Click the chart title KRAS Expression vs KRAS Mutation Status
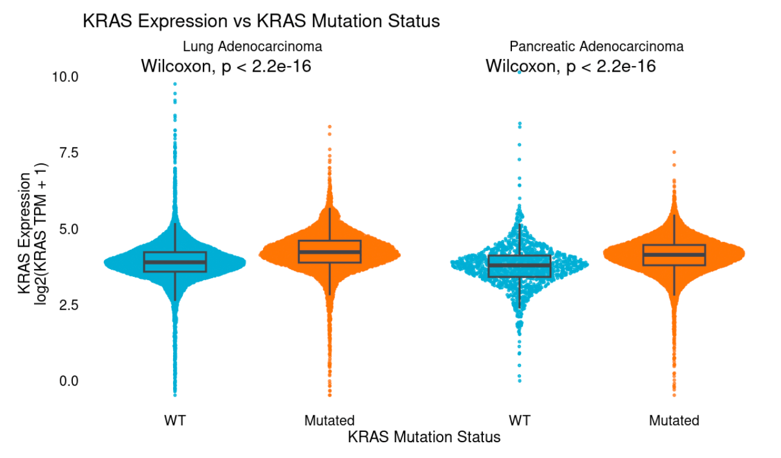261,21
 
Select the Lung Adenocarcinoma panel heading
252,47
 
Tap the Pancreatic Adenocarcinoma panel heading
596,47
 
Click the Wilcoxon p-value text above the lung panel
226,66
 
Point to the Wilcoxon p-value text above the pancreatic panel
570,66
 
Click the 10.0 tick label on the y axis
65,77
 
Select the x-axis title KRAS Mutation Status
424,437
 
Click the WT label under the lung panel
174,420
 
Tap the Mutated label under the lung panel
329,420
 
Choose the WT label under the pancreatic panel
519,420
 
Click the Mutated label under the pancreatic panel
674,420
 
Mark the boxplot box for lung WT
175,262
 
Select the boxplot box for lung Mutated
330,251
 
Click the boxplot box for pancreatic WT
519,265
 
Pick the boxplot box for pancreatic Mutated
674,255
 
